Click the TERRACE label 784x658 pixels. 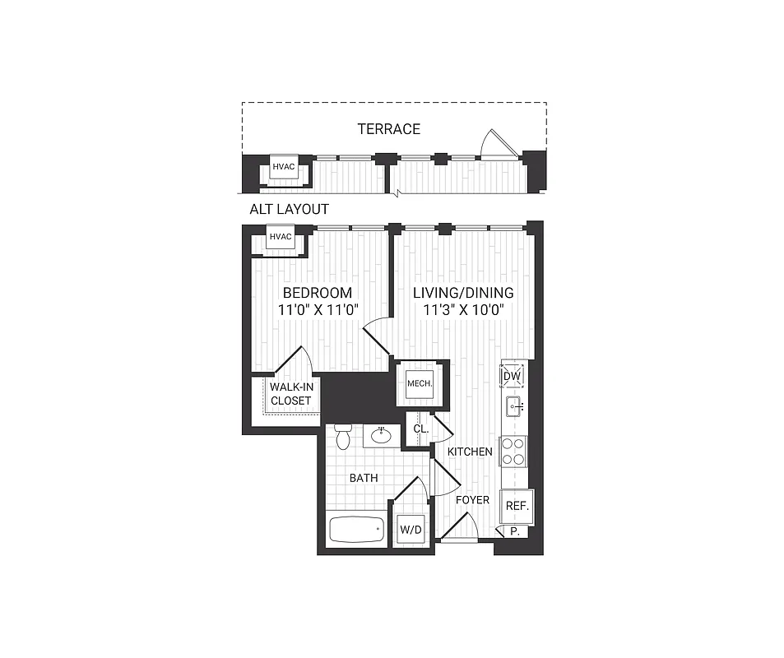(x=388, y=129)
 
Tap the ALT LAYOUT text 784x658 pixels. (x=289, y=209)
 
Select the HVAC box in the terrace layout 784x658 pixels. (x=283, y=167)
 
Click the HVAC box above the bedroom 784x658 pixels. (x=281, y=238)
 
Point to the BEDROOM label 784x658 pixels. (x=317, y=293)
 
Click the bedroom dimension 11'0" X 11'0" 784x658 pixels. (x=317, y=310)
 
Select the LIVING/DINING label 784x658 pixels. (x=463, y=293)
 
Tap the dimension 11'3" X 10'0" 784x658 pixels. (x=463, y=310)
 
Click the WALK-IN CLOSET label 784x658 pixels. (x=290, y=393)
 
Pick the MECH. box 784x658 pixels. (x=420, y=383)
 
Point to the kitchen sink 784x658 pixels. (x=514, y=405)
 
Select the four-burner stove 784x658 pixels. (x=513, y=452)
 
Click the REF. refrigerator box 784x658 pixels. (x=517, y=506)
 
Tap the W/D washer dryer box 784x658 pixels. (x=410, y=530)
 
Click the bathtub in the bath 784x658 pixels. (x=357, y=529)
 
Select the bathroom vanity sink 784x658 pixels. (x=382, y=435)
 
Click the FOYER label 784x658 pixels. (x=472, y=500)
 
